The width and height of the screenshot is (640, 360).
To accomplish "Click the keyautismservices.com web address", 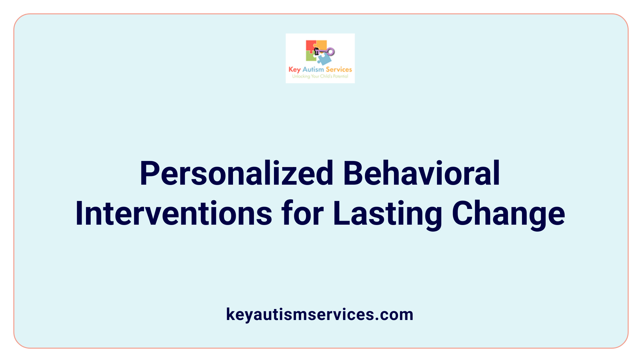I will (320, 314).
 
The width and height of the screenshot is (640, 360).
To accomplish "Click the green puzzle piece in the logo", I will (311, 57).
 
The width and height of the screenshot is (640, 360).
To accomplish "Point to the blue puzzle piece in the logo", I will (324, 59).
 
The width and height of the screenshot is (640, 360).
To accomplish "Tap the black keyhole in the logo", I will (317, 51).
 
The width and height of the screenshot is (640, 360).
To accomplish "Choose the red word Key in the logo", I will (295, 70).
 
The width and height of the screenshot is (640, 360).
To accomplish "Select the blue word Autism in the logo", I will (313, 69).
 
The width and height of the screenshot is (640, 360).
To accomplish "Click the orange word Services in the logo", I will (339, 69).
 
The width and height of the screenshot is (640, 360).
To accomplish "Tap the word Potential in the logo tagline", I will (341, 76).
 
